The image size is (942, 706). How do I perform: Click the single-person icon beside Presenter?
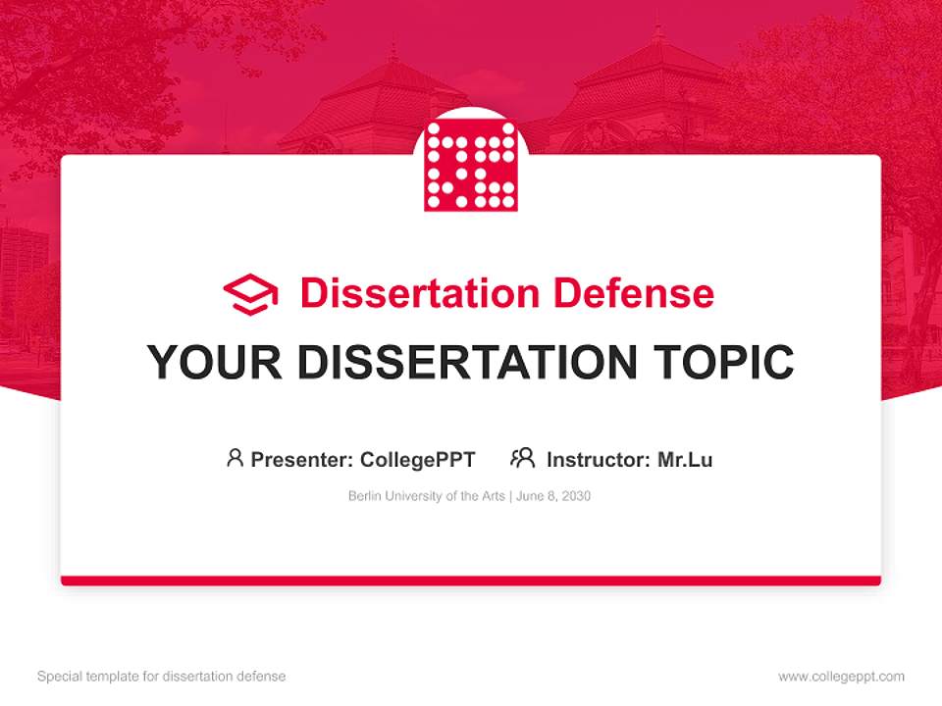[235, 458]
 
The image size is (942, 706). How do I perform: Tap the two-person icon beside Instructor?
[522, 458]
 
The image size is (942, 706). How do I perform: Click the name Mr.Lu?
[685, 460]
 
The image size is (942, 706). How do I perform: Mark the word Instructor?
[599, 460]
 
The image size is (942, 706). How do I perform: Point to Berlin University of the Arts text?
[425, 496]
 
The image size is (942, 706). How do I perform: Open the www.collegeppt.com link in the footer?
[841, 677]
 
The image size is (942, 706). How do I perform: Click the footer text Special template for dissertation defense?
[162, 677]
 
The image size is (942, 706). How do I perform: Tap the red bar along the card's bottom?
[471, 580]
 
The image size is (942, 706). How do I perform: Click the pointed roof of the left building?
[392, 83]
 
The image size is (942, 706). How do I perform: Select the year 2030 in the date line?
[577, 496]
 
